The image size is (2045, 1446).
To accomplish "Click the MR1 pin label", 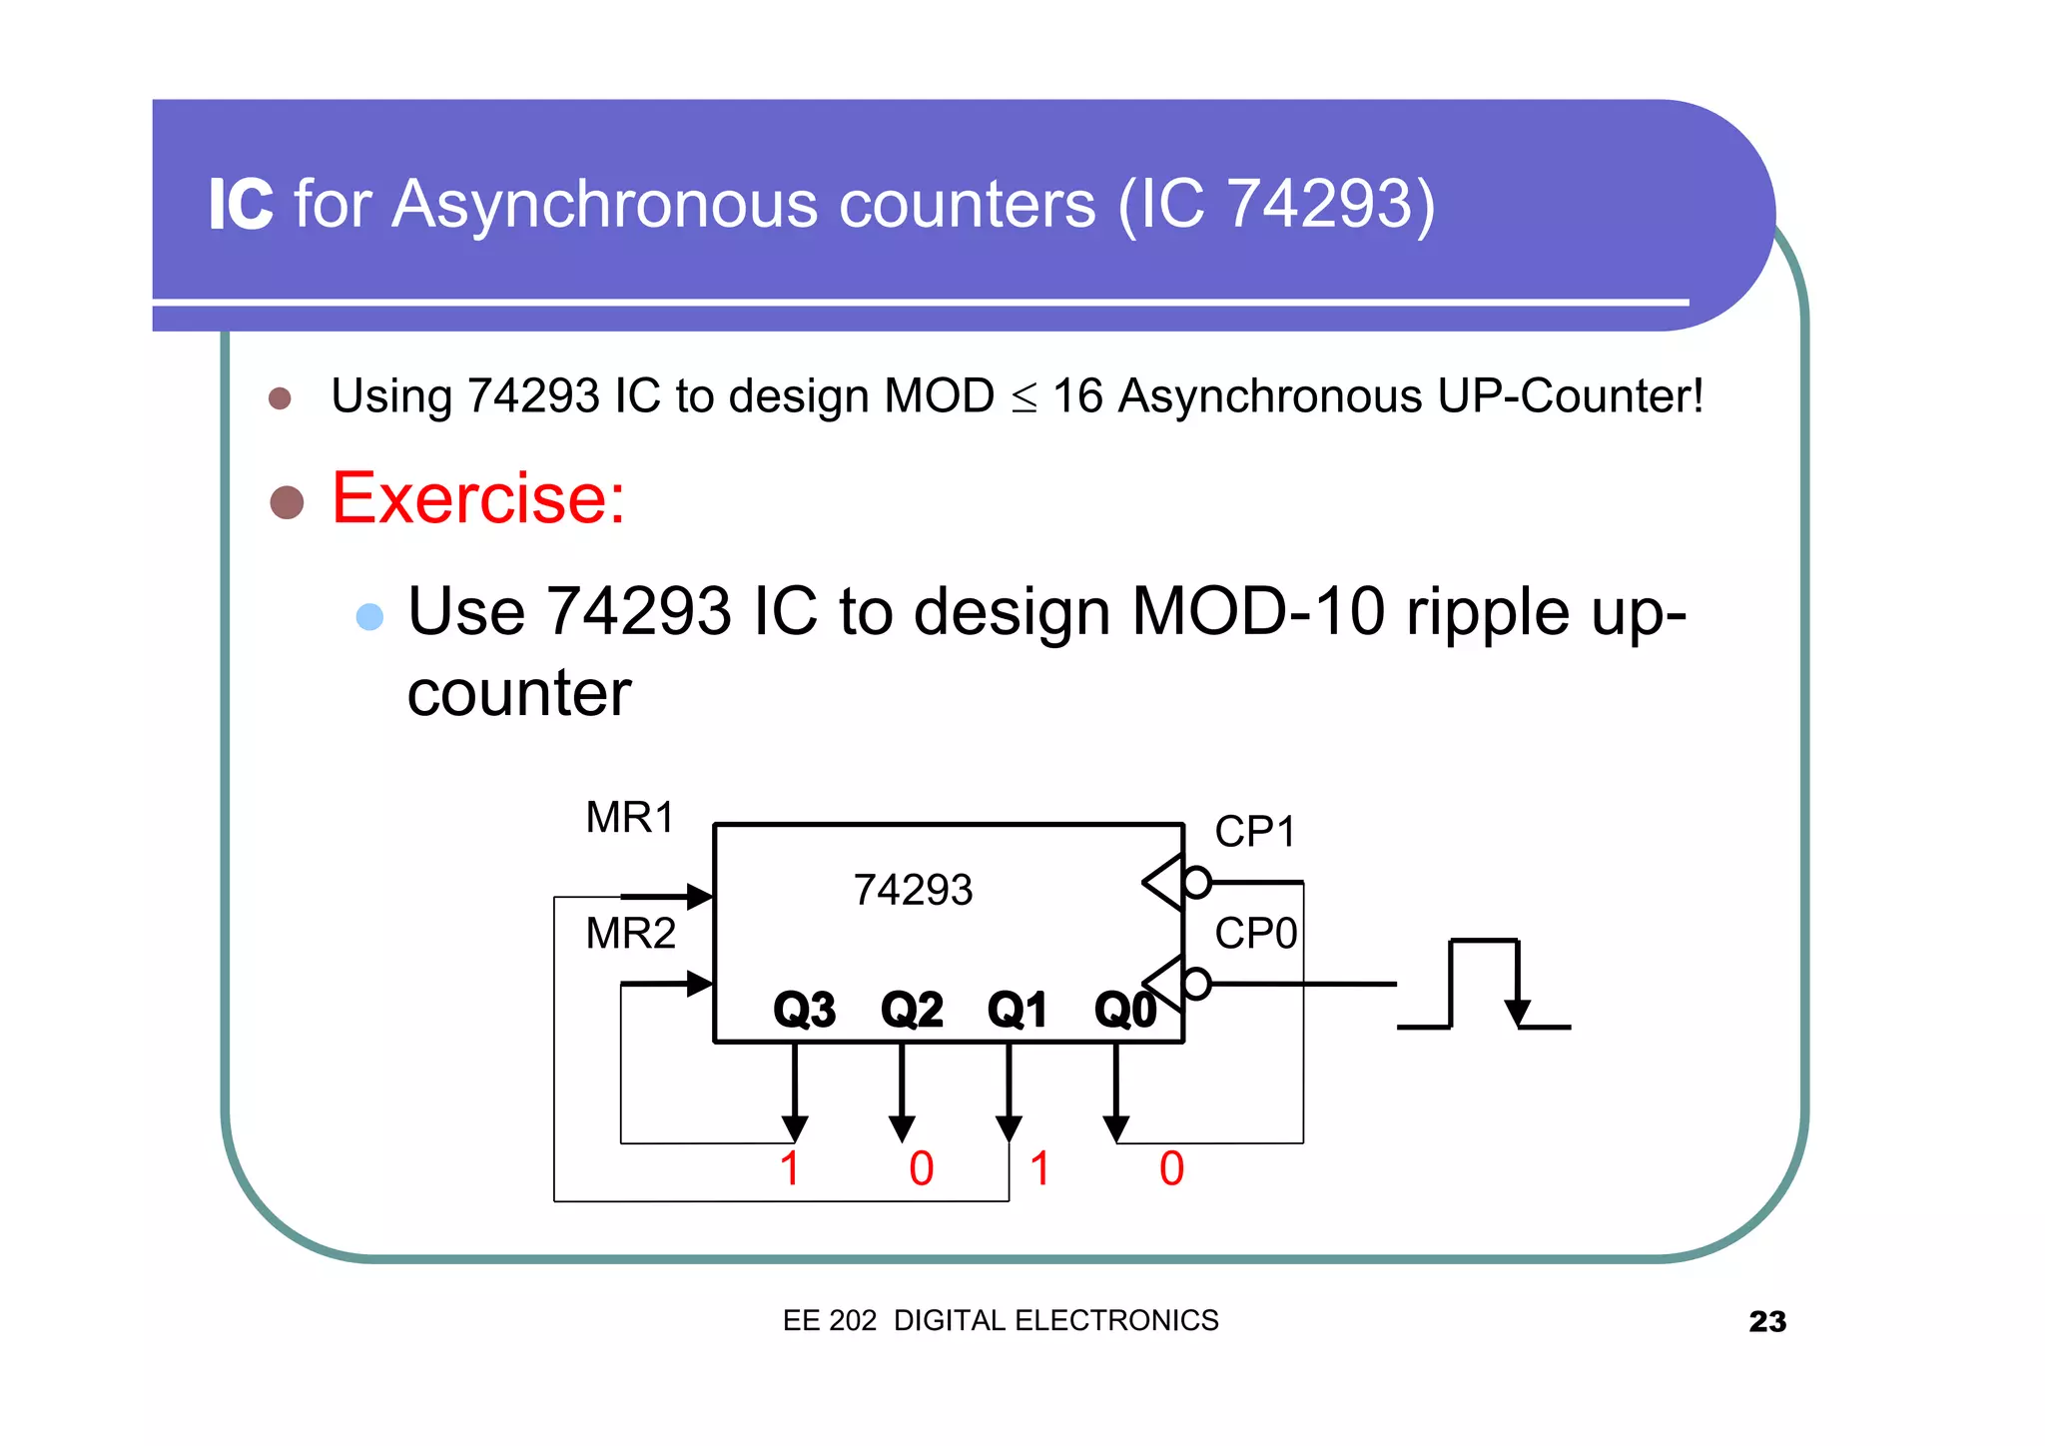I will (x=629, y=817).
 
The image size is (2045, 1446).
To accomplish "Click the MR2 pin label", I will (x=630, y=934).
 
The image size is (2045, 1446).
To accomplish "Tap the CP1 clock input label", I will (x=1254, y=832).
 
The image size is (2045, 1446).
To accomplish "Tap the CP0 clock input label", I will (x=1255, y=934).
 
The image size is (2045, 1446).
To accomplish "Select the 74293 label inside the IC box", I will (x=913, y=890).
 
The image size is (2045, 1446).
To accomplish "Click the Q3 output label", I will (x=804, y=1010).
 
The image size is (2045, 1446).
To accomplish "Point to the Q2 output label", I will (x=911, y=1010).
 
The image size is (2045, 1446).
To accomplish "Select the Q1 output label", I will (x=1017, y=1010).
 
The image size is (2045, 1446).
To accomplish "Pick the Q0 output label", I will (x=1124, y=1010).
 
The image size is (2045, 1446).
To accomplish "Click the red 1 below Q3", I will (x=790, y=1168).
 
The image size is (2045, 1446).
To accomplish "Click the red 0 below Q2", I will (x=921, y=1168).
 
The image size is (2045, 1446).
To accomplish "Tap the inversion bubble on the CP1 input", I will (x=1196, y=883).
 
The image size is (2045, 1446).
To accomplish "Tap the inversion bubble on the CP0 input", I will (x=1196, y=984).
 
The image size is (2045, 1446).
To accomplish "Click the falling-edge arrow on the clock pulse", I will (x=1518, y=1011).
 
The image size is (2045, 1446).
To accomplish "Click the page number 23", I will (x=1766, y=1321).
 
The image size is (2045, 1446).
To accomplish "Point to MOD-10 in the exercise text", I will (x=1258, y=611).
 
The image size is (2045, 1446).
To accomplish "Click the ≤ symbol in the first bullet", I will (x=1023, y=397).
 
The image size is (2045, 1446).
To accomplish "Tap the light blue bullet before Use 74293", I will (x=369, y=616).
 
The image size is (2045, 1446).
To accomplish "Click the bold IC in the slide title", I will (x=241, y=205).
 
